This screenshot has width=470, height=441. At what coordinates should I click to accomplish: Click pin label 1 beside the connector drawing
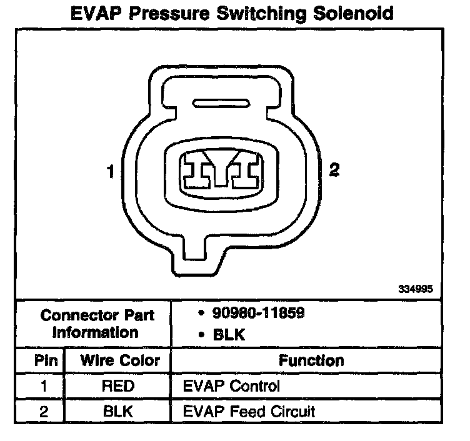coord(111,171)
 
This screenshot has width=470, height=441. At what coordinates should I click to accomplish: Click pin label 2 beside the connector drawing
coord(334,169)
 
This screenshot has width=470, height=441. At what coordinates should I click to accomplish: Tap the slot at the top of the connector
coord(222,103)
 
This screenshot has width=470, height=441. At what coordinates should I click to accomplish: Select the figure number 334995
coord(414,289)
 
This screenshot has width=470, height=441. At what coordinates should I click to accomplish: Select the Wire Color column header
coord(119,360)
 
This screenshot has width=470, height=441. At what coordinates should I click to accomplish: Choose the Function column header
coord(311,360)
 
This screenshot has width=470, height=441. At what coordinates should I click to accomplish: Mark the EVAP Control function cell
coord(231,386)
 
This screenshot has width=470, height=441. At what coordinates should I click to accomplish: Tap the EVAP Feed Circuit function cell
coord(249,411)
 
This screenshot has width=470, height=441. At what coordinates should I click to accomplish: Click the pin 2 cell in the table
coord(44,411)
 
